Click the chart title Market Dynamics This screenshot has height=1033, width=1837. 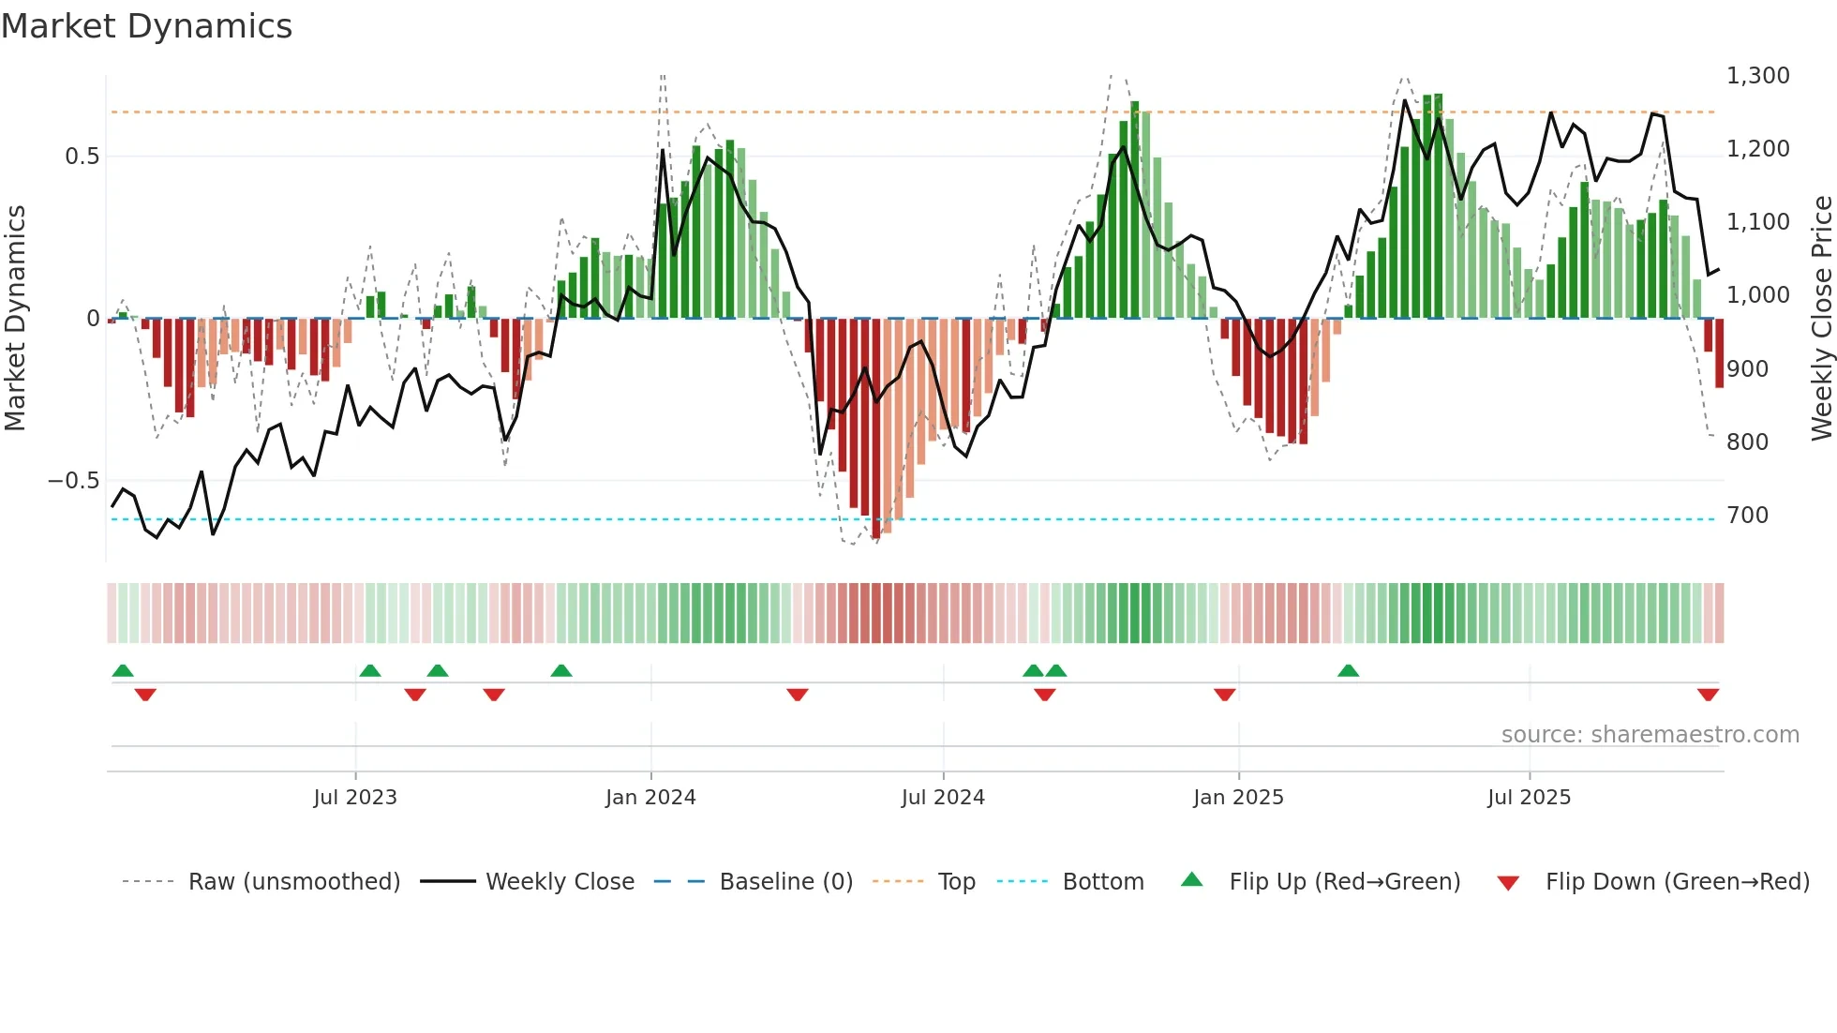[x=147, y=26]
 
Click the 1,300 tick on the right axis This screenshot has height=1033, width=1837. [x=1757, y=76]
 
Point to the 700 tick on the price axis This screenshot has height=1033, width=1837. [x=1747, y=516]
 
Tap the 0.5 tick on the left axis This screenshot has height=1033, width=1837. [x=82, y=157]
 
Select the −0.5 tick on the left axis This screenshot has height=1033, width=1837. [x=73, y=481]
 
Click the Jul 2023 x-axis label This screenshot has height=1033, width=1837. [x=355, y=798]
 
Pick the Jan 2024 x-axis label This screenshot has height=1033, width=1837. [x=650, y=798]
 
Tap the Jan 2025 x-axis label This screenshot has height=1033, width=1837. [x=1238, y=798]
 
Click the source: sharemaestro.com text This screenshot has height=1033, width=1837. [x=1650, y=735]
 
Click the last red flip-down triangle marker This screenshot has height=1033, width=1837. [x=1708, y=695]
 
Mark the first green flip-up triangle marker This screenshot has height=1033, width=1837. [x=123, y=670]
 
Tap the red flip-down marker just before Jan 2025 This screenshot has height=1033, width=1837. [x=1224, y=695]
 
